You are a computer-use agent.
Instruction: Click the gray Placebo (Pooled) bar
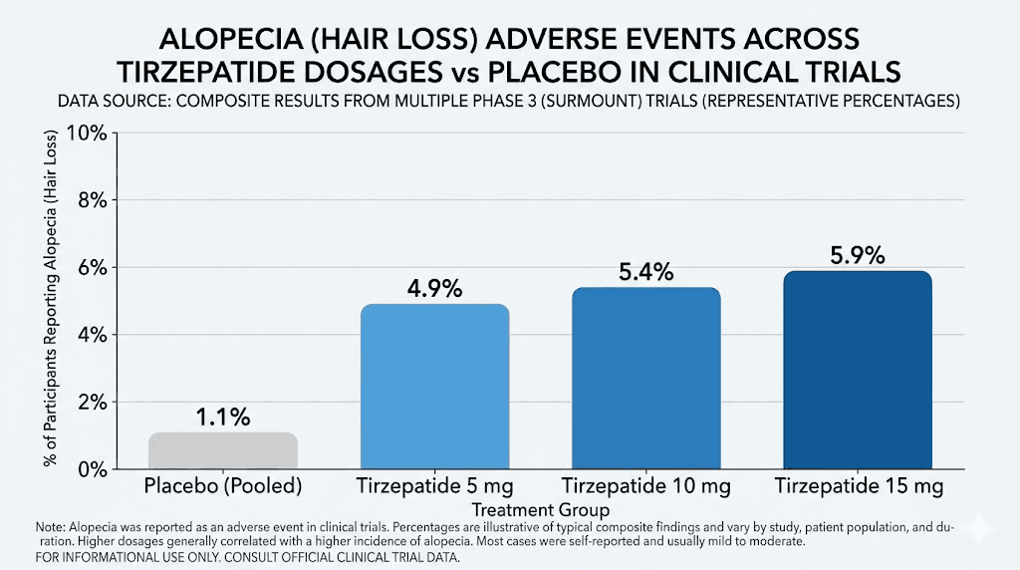pos(222,450)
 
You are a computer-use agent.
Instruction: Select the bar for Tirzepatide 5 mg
pos(434,387)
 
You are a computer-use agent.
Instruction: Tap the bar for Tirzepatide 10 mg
pos(645,379)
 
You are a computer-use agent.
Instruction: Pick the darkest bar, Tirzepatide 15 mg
pos(858,370)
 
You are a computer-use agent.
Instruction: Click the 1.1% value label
pos(222,416)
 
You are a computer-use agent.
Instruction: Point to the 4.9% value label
pos(434,288)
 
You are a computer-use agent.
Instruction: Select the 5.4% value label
pos(645,271)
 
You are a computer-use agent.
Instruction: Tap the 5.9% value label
pos(858,255)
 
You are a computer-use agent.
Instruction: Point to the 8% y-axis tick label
pos(91,199)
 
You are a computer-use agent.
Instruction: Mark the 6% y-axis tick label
pos(91,267)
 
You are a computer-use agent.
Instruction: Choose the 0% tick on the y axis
pos(91,468)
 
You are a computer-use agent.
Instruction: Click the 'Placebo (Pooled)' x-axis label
pos(222,487)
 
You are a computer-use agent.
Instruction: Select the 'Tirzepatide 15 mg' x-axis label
pos(858,487)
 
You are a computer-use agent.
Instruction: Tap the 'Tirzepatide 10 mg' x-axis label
pos(645,487)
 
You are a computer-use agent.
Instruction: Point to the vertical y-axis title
pos(49,299)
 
